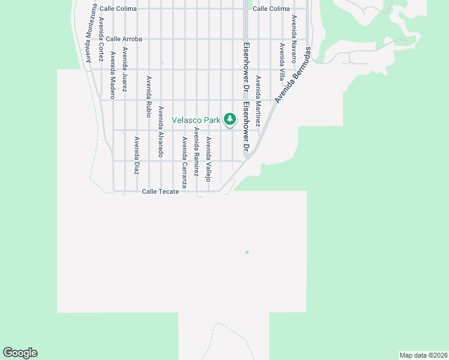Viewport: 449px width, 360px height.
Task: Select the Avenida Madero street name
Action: click(112, 75)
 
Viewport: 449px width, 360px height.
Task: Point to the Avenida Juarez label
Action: click(125, 69)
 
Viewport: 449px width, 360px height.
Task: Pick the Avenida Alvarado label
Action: click(160, 131)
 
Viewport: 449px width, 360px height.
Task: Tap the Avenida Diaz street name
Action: click(137, 155)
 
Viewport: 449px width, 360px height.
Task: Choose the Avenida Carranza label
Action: click(184, 163)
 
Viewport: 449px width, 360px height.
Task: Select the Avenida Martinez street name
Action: click(258, 100)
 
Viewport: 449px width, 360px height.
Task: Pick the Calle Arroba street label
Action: click(124, 39)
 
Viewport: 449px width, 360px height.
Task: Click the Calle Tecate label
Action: click(160, 191)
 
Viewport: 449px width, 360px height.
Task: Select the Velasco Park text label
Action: click(196, 120)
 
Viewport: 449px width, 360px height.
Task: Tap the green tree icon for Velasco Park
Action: click(230, 120)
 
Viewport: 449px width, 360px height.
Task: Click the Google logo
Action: click(20, 353)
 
